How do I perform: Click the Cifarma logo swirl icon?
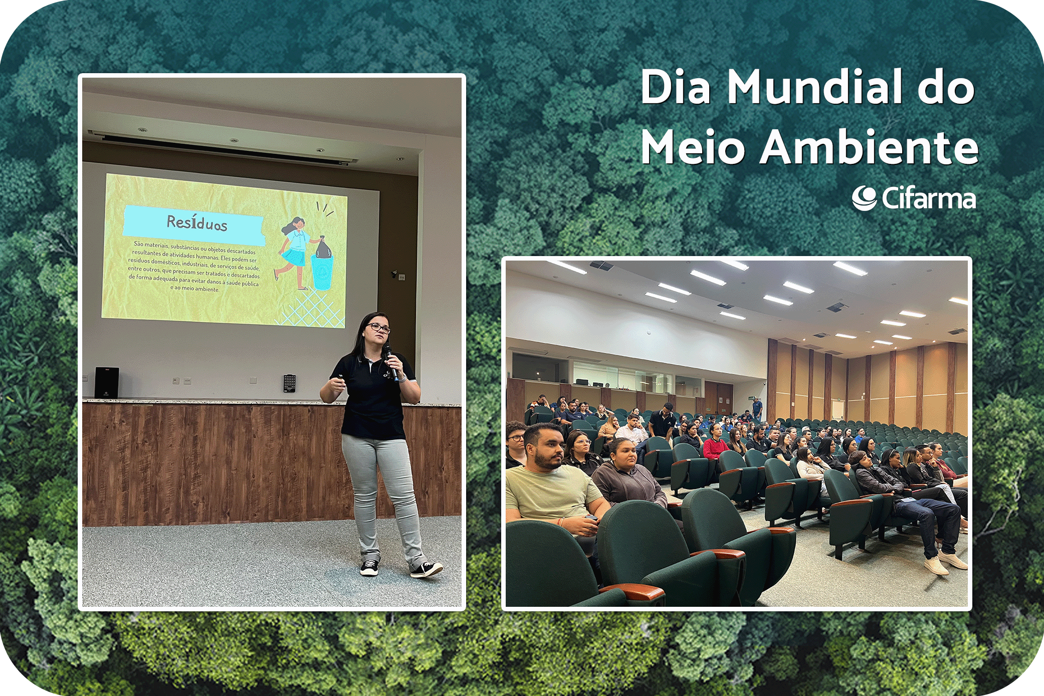point(864,198)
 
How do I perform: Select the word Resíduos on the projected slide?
point(197,222)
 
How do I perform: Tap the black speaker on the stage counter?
point(107,383)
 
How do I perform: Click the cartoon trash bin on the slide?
point(322,272)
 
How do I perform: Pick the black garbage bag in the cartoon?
point(323,247)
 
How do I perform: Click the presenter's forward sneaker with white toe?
point(426,569)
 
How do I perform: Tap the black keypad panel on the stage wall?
point(289,383)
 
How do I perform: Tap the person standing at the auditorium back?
point(757,408)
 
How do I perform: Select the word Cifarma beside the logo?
point(929,198)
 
